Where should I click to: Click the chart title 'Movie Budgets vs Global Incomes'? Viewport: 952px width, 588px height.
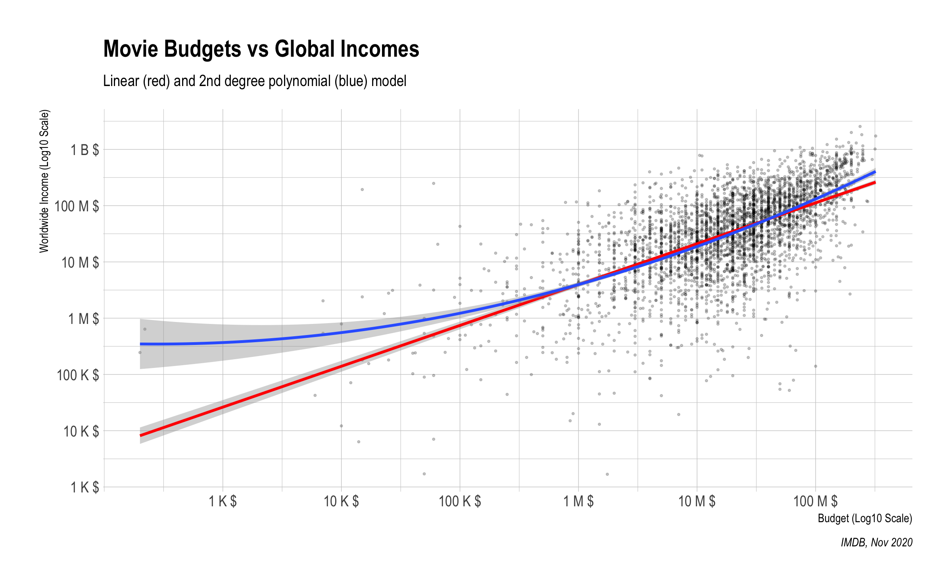(x=261, y=49)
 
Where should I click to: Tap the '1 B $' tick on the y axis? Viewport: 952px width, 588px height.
(x=84, y=150)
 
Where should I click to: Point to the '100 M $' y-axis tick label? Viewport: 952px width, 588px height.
(x=77, y=207)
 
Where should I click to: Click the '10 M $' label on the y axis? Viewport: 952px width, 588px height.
(x=80, y=262)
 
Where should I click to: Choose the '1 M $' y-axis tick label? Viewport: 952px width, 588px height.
(x=84, y=319)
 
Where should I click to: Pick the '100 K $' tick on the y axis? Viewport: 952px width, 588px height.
(x=78, y=375)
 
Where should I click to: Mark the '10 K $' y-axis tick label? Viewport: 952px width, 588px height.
(x=81, y=431)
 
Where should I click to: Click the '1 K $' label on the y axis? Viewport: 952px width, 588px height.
(x=84, y=487)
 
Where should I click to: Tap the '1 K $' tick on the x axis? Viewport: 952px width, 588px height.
(x=223, y=502)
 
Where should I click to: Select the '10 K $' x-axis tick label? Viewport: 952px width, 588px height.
(x=341, y=502)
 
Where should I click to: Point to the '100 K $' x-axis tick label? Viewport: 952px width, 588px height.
(x=460, y=502)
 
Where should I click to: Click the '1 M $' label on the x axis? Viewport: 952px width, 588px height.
(x=578, y=502)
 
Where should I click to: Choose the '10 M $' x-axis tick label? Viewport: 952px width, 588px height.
(x=697, y=502)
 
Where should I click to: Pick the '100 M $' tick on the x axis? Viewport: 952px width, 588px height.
(x=816, y=502)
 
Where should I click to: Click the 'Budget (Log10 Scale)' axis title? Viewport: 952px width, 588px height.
(x=865, y=519)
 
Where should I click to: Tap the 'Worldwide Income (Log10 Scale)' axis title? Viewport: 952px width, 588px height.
(x=44, y=181)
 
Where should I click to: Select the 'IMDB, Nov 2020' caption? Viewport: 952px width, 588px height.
(x=877, y=542)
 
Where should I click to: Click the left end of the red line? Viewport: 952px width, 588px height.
(x=141, y=435)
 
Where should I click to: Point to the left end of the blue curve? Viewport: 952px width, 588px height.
(x=141, y=344)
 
